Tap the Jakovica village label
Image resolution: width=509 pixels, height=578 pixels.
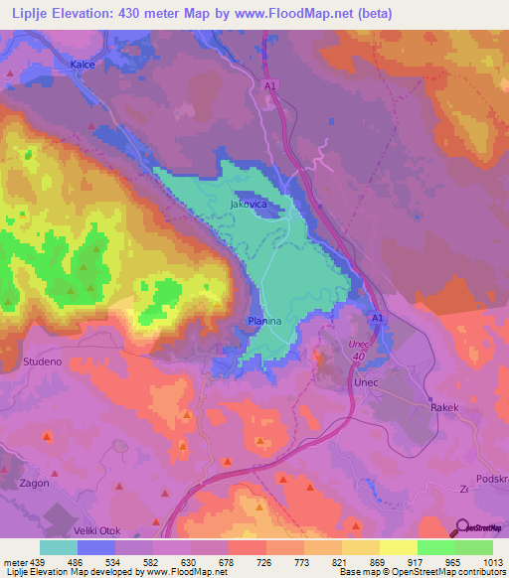pos(250,204)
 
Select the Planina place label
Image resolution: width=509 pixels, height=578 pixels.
pos(264,322)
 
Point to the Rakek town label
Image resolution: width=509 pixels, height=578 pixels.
pos(443,407)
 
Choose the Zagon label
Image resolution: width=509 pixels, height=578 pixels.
pos(35,483)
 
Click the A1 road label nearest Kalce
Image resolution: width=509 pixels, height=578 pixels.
pos(269,86)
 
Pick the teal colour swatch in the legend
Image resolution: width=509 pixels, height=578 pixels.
pos(59,548)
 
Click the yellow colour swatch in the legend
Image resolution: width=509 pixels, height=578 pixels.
pos(398,548)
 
